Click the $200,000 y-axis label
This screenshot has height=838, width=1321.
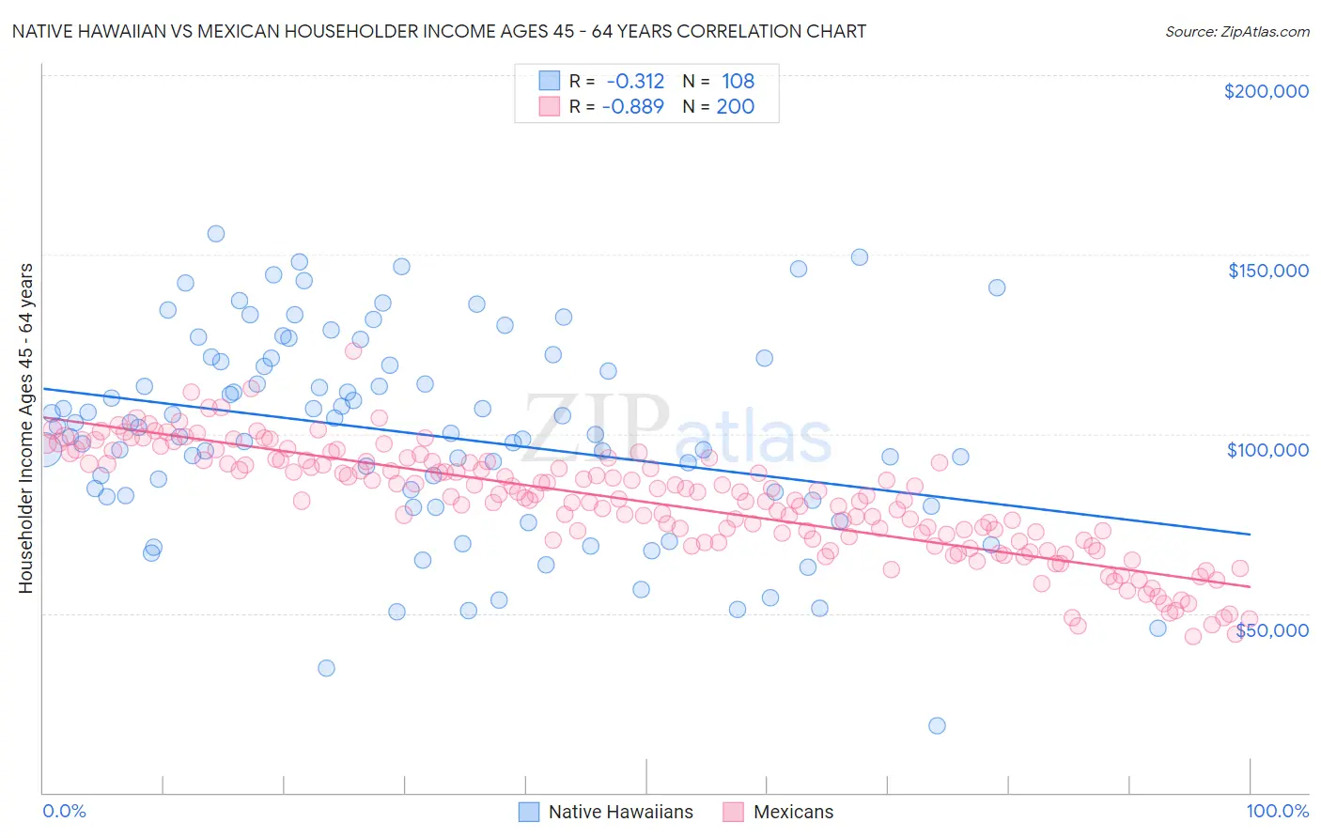click(x=1266, y=91)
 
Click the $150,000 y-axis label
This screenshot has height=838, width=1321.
click(x=1267, y=271)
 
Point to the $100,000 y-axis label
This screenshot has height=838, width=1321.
click(x=1267, y=450)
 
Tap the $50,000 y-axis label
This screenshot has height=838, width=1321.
click(x=1271, y=629)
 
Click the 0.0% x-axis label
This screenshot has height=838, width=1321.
click(x=64, y=811)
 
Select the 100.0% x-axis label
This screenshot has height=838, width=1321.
click(x=1277, y=811)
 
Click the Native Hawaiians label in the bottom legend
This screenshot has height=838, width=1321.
click(x=620, y=812)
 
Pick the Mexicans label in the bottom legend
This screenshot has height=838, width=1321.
click(x=793, y=812)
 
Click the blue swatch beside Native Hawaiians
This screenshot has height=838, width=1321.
click(x=529, y=812)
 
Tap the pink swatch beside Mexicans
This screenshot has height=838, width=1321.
click(x=734, y=812)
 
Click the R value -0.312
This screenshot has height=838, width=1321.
click(x=635, y=81)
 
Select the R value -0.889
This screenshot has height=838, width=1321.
click(x=635, y=106)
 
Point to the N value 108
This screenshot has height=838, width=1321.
click(x=738, y=81)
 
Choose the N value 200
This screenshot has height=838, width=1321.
click(x=735, y=106)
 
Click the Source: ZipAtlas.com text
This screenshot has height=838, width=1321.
click(x=1236, y=31)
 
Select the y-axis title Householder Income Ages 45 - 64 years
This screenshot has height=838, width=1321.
click(x=25, y=427)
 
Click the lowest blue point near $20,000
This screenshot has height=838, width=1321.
click(x=937, y=725)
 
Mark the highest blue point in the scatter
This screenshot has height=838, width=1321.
click(x=216, y=234)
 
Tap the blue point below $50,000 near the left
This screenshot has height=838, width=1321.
click(x=326, y=668)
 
